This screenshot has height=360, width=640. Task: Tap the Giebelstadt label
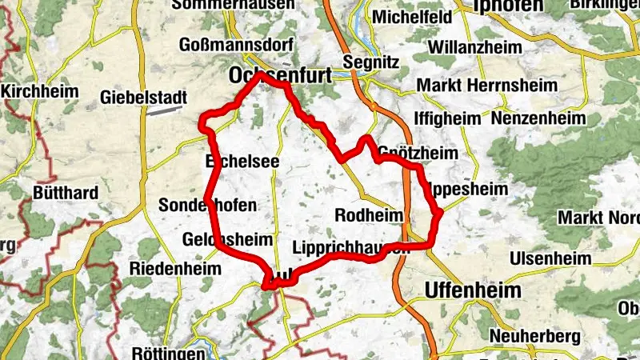(143, 98)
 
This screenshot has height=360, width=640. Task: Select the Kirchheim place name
(39, 91)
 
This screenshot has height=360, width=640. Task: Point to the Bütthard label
(66, 193)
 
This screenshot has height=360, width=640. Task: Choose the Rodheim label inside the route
(369, 214)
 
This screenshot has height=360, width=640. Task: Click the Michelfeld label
(402, 17)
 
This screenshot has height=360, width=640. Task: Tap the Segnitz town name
(370, 62)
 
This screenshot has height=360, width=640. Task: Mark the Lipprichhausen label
(352, 247)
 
